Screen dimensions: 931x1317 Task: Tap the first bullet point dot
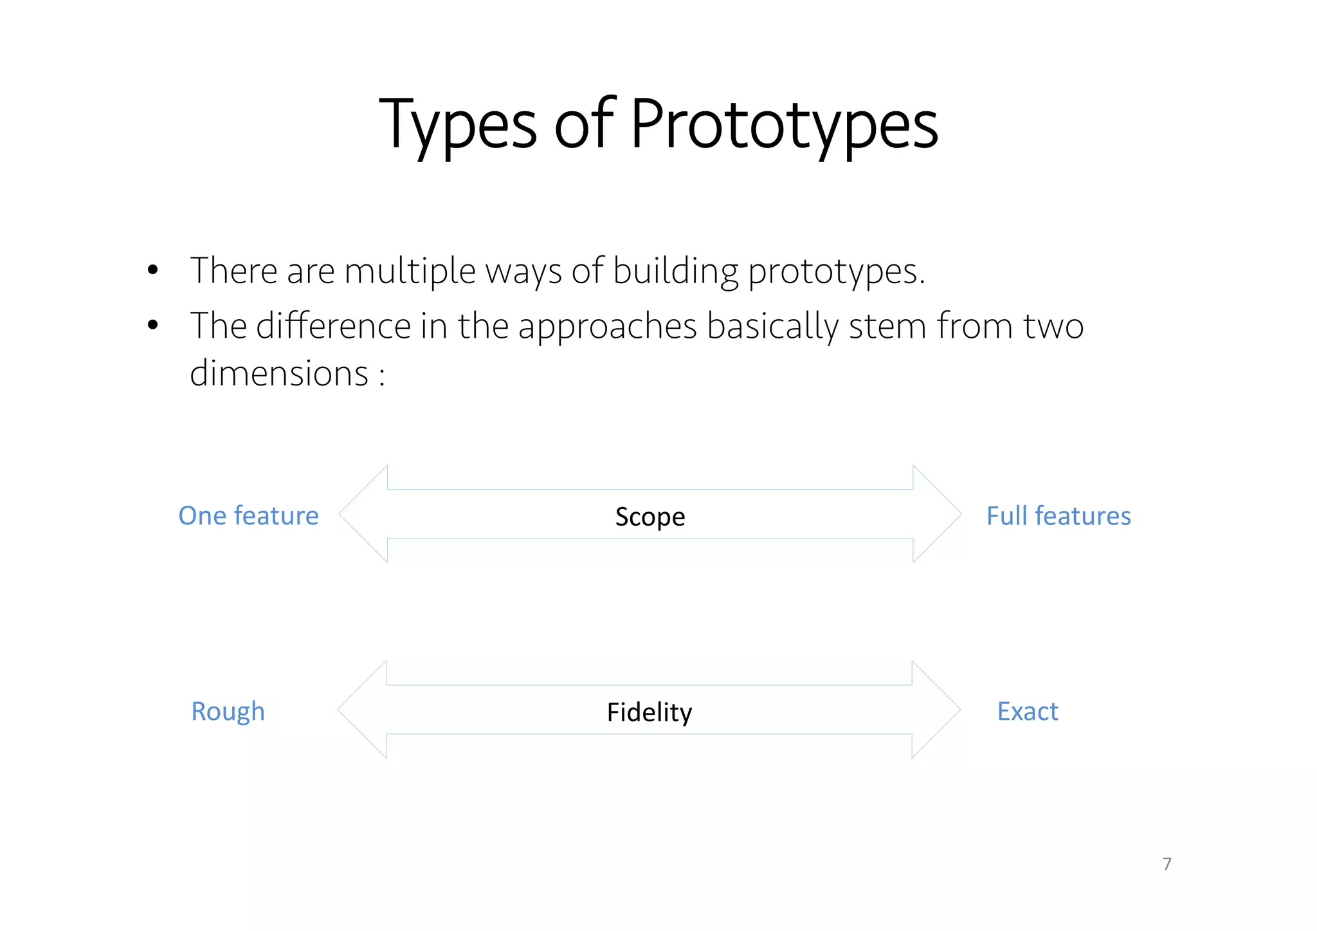point(152,270)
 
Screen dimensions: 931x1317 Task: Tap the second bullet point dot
point(152,326)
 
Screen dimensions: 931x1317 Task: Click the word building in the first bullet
point(675,270)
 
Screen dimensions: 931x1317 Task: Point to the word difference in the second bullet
point(333,326)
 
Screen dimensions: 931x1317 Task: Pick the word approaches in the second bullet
point(607,327)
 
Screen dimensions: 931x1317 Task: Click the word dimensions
point(278,373)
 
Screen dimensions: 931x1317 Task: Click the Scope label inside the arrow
point(649,517)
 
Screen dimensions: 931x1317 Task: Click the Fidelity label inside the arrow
point(649,712)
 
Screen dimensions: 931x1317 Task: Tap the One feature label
point(248,515)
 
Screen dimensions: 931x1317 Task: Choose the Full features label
point(1058,516)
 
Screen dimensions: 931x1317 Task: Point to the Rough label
point(228,712)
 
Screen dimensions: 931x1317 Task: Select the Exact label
point(1027,712)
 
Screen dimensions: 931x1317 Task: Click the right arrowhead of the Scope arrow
point(936,514)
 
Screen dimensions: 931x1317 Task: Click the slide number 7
point(1167,863)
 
